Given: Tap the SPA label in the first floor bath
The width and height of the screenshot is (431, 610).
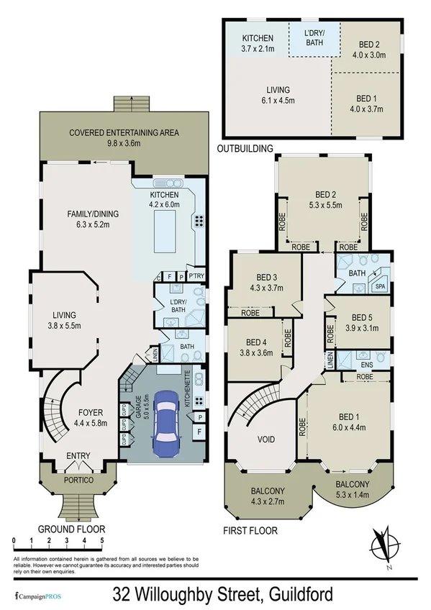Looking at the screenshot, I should (x=380, y=287).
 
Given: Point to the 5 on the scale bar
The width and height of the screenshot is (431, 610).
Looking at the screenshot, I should (x=102, y=540).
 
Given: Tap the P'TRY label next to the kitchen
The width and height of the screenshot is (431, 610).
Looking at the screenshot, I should (x=195, y=276).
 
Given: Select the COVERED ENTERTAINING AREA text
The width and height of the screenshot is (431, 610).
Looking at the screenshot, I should (x=124, y=132).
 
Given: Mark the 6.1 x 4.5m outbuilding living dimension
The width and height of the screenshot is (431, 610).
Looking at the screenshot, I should (x=274, y=100).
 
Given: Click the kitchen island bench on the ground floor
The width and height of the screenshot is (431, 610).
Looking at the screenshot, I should (x=162, y=234).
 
